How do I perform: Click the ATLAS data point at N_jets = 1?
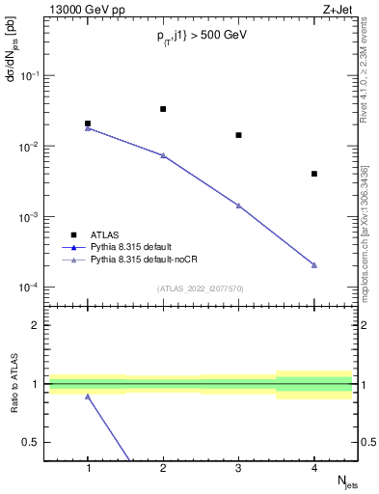(x=88, y=123)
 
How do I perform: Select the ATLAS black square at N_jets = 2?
(x=163, y=109)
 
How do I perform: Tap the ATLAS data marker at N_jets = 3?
(x=238, y=135)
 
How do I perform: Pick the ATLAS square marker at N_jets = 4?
(x=314, y=174)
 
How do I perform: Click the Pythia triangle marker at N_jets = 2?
(x=163, y=155)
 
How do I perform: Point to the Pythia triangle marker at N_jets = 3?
(x=238, y=206)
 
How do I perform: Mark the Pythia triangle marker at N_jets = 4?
(x=314, y=265)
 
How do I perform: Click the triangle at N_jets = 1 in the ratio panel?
(x=88, y=397)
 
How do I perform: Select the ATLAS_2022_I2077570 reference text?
(x=201, y=288)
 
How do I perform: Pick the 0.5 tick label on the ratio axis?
(x=37, y=442)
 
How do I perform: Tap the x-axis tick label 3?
(x=238, y=468)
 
